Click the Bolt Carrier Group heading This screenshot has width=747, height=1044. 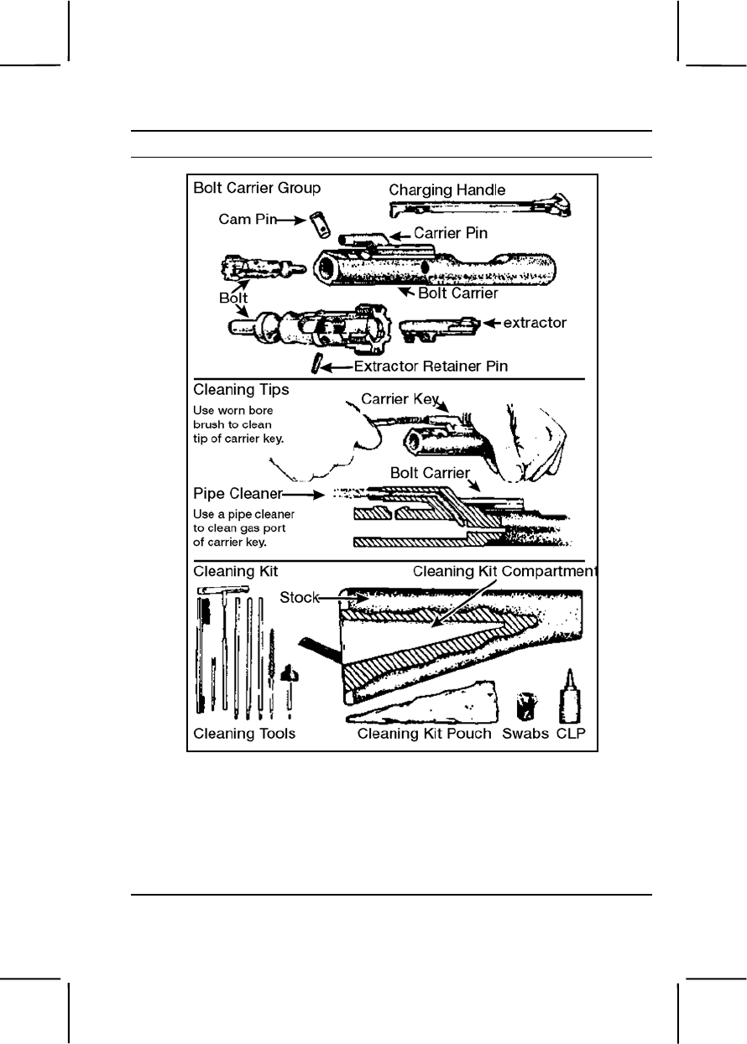(x=257, y=187)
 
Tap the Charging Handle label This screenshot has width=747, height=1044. (x=447, y=190)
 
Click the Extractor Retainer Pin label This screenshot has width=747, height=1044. (x=431, y=366)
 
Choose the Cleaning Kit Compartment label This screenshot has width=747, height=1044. (x=505, y=571)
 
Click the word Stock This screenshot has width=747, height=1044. (x=299, y=598)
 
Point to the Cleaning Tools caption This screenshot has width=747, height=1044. (x=244, y=734)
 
